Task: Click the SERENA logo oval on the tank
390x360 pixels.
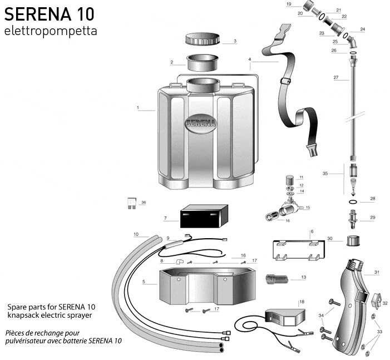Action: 201,124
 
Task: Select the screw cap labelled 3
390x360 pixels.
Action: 203,39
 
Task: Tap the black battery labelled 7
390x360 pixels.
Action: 204,216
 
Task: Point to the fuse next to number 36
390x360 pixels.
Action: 131,203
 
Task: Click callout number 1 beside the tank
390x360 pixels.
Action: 138,108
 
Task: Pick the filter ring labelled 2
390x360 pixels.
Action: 203,63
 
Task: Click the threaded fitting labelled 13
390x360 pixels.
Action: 277,279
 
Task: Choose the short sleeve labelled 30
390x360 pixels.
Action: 353,240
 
